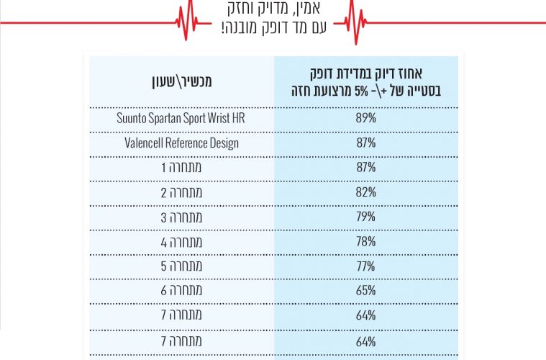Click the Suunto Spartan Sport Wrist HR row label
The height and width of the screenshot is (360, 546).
[x=181, y=118]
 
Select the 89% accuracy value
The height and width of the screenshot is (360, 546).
[x=365, y=118]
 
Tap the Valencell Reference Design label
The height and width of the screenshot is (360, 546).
[x=181, y=143]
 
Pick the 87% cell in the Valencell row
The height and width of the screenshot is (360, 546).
[x=365, y=143]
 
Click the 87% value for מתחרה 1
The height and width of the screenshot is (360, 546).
[x=365, y=167]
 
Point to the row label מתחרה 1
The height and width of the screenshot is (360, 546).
[x=181, y=167]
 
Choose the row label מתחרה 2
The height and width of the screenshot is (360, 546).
[x=181, y=192]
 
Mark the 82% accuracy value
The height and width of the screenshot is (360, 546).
[x=365, y=192]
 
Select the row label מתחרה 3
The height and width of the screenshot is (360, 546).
[x=181, y=217]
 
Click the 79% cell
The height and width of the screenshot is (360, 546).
[x=365, y=217]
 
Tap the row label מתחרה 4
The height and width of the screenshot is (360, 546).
[x=181, y=242]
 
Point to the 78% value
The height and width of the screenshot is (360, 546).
[x=365, y=242]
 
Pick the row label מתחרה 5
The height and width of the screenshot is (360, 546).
[x=181, y=266]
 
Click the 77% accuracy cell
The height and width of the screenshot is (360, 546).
[x=365, y=266]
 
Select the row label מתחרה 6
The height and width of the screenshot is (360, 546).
[x=181, y=291]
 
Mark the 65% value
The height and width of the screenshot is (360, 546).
[x=365, y=291]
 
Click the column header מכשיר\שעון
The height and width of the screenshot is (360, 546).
[x=181, y=81]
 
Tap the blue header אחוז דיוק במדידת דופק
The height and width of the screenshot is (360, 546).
[x=365, y=80]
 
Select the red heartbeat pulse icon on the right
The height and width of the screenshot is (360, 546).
[x=358, y=22]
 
